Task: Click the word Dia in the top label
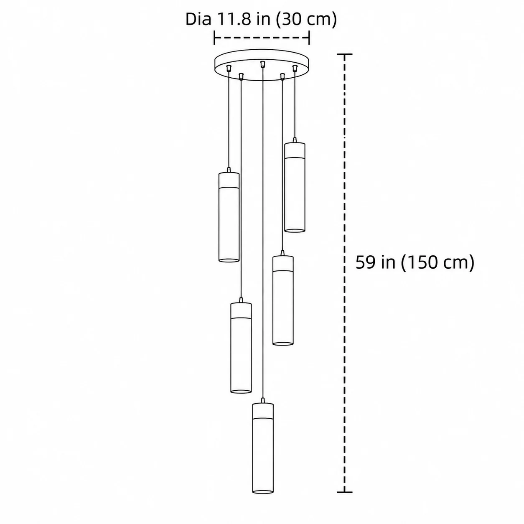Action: tap(198, 19)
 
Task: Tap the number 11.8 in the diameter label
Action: tap(234, 19)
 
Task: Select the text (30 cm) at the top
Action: tap(306, 20)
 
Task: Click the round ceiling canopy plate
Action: tap(262, 65)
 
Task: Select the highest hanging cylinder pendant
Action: tap(295, 186)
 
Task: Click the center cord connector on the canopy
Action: tap(262, 64)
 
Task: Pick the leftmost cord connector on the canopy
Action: tap(229, 68)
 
